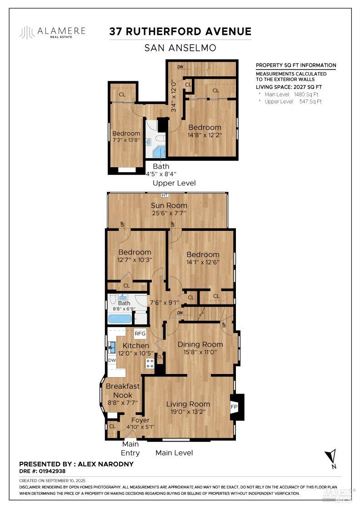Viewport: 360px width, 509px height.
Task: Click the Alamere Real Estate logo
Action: click(x=52, y=32)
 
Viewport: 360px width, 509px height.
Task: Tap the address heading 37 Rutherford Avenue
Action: click(x=180, y=31)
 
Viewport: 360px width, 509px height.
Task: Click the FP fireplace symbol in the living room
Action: click(x=235, y=406)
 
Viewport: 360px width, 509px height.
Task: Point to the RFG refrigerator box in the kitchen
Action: click(x=140, y=334)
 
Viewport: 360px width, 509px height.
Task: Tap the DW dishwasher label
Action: click(x=111, y=360)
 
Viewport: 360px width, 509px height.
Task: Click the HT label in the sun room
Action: click(x=165, y=195)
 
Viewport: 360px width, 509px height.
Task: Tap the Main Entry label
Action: click(x=130, y=448)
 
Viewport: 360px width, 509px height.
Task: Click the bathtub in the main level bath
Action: click(x=120, y=318)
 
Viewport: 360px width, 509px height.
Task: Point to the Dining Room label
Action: click(x=200, y=344)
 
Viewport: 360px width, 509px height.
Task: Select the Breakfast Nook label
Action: click(x=123, y=390)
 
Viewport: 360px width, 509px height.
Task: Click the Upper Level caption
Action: click(x=174, y=183)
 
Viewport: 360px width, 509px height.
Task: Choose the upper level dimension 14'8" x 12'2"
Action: click(x=205, y=135)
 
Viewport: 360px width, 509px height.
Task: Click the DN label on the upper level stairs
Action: click(x=180, y=67)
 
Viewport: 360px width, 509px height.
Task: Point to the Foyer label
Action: click(x=140, y=420)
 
